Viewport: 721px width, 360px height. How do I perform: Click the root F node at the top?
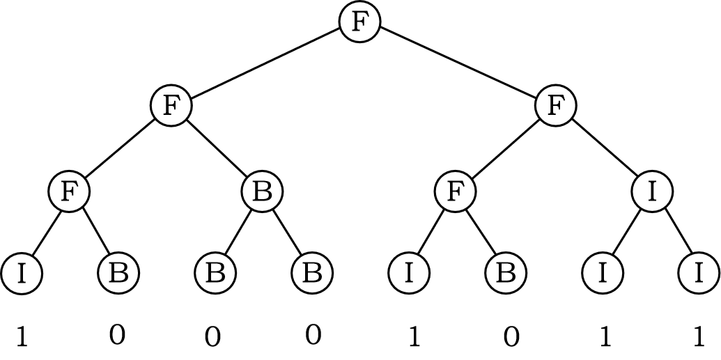[359, 22]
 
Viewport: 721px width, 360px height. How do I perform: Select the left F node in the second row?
[171, 107]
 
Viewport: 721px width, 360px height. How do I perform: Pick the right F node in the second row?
[555, 107]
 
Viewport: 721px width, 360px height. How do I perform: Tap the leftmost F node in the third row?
[69, 191]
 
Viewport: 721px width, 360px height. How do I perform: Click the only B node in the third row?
[262, 191]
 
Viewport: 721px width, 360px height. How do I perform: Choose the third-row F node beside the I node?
[455, 191]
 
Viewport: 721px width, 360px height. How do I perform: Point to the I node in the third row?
[652, 191]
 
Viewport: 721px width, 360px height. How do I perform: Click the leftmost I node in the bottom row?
[21, 274]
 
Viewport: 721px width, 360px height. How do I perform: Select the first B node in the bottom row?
[118, 274]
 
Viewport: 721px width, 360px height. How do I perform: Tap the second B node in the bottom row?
[215, 274]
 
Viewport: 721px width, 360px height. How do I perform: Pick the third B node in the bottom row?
[312, 274]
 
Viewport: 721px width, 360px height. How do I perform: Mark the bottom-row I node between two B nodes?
[409, 274]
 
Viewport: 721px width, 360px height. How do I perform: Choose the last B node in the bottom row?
[505, 274]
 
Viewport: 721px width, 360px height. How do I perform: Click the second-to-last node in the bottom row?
[602, 274]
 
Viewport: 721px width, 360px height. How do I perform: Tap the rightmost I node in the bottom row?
[699, 274]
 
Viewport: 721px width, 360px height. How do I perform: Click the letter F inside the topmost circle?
[359, 22]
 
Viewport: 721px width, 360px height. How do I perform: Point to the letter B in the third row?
[262, 191]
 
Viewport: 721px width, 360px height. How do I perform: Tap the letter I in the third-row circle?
[652, 191]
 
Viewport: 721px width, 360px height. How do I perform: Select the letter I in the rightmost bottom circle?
[699, 274]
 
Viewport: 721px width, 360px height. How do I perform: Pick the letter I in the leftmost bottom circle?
[21, 274]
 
